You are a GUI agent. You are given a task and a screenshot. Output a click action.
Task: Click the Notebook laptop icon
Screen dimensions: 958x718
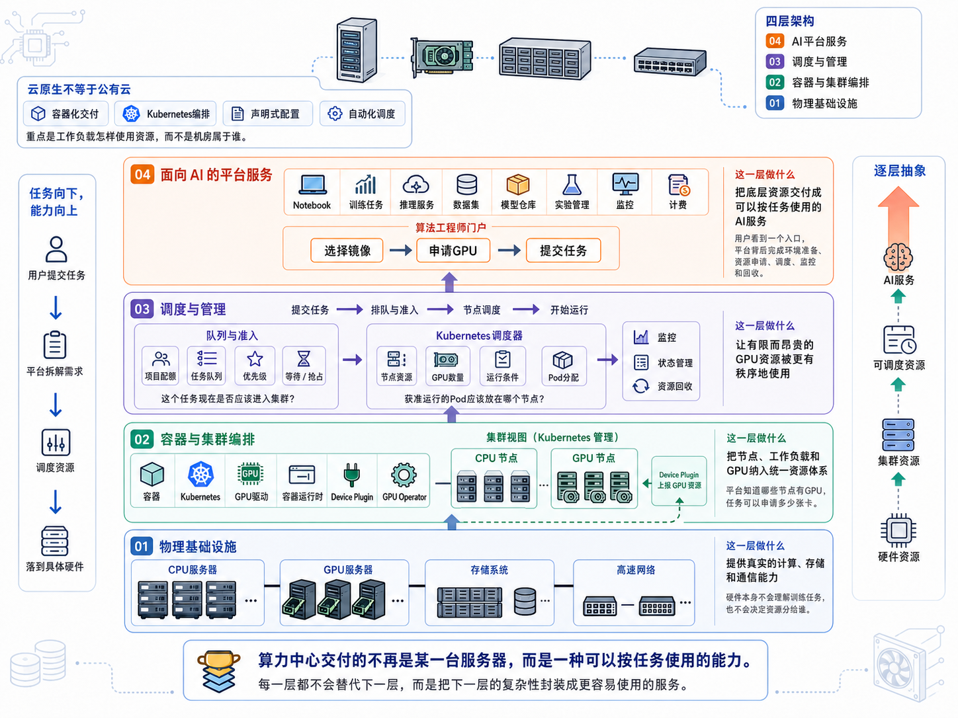point(312,184)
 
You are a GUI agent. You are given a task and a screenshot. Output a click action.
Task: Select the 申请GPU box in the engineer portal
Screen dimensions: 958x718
point(453,250)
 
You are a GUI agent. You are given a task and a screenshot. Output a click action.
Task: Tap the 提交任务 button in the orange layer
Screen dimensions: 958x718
point(563,250)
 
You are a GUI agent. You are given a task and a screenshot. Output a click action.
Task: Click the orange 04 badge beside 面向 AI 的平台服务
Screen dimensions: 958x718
point(142,175)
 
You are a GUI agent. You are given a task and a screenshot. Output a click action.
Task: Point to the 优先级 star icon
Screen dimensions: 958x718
point(255,359)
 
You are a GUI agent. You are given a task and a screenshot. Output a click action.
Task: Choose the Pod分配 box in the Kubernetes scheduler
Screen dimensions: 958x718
point(564,366)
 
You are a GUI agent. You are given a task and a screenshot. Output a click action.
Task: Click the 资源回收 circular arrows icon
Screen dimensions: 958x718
point(640,386)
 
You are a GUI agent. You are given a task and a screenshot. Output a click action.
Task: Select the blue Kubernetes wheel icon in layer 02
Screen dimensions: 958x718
point(200,474)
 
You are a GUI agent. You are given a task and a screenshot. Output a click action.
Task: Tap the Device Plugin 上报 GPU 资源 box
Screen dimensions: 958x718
point(679,481)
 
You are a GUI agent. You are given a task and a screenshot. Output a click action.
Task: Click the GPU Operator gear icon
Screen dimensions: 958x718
point(404,475)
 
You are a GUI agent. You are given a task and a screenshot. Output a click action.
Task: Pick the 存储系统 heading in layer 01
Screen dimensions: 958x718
point(490,570)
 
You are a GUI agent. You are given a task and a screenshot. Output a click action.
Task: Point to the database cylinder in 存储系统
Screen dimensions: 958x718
point(525,601)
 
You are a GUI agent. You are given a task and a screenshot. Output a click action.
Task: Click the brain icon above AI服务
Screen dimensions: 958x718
point(898,257)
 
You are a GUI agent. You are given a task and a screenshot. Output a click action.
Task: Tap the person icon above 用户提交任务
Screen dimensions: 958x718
point(56,249)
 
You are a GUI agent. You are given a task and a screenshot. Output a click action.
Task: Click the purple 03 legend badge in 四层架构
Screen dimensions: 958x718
point(775,61)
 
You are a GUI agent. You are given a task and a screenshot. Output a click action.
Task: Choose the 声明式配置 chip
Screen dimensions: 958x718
point(267,114)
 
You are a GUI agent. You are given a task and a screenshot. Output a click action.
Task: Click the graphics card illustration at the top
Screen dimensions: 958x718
point(442,57)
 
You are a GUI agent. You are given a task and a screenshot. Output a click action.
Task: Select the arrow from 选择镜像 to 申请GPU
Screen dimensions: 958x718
point(401,250)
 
